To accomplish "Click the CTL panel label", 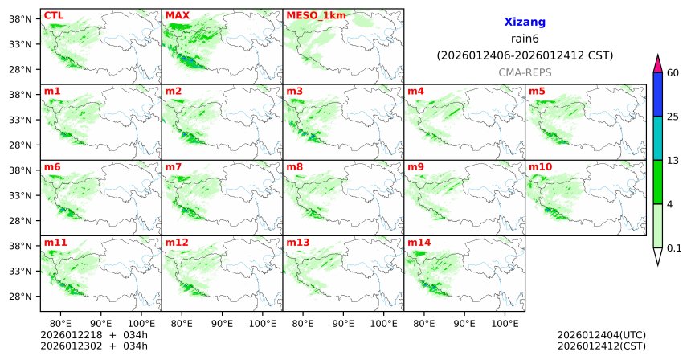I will point(53,14).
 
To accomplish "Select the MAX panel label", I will point(177,14).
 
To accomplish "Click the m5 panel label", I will point(537,91).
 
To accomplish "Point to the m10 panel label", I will point(540,166).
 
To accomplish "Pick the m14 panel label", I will point(419,242).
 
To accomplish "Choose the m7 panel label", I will point(174,166).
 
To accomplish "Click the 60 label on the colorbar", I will point(674,73).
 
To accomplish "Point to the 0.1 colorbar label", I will point(674,248).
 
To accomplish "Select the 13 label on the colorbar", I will point(674,161).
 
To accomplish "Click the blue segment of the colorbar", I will point(657,95).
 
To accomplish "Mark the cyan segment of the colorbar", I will point(657,138).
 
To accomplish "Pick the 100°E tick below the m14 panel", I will point(505,323).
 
